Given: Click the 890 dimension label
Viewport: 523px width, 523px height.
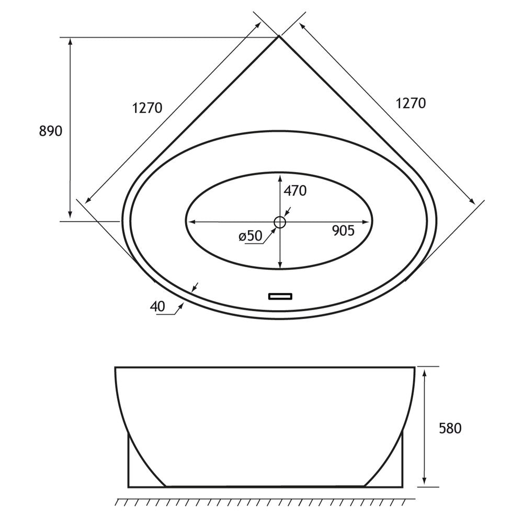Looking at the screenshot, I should [51, 131].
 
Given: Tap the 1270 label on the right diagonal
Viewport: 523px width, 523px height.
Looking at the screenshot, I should [411, 103].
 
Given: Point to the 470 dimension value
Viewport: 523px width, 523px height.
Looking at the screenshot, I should [294, 191].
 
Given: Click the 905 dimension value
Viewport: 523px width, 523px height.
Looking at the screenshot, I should [344, 230].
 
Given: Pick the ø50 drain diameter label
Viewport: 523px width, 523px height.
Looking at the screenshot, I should [250, 236].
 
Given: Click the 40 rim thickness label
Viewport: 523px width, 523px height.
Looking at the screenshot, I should [157, 307].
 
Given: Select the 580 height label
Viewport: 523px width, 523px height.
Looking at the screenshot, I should [450, 428].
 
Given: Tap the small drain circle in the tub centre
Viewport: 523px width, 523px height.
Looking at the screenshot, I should [280, 222].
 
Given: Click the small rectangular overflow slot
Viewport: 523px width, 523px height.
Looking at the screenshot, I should [281, 296].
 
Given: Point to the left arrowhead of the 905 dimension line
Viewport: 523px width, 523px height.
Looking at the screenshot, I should [191, 222].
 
